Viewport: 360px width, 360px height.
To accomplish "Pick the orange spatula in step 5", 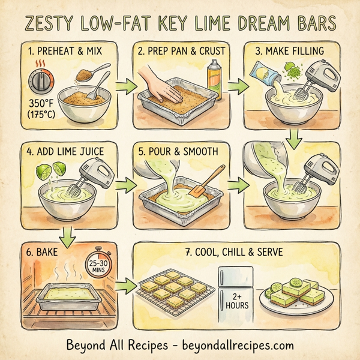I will click(206, 182).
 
